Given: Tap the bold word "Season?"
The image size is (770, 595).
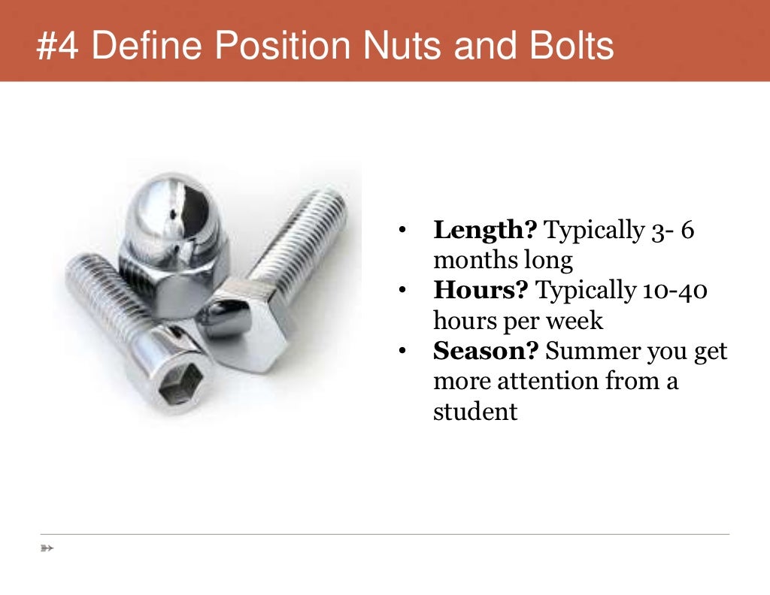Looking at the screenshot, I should pos(487,351).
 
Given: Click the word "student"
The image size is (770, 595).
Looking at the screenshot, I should pos(475,412).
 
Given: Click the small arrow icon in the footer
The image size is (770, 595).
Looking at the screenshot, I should pos(47,548).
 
